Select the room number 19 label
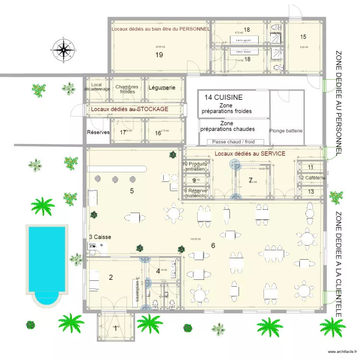[x=159, y=55]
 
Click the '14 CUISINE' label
[x=223, y=97]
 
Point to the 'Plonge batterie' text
[x=287, y=131]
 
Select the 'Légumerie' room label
[x=162, y=88]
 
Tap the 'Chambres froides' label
[x=127, y=90]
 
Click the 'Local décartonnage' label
[x=96, y=87]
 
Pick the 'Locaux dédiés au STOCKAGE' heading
[x=130, y=109]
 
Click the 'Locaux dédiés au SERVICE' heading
[x=250, y=154]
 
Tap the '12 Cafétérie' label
[x=312, y=178]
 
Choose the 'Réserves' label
[x=98, y=132]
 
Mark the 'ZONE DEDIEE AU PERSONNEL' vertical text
[x=339, y=103]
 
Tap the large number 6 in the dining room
[x=213, y=245]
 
